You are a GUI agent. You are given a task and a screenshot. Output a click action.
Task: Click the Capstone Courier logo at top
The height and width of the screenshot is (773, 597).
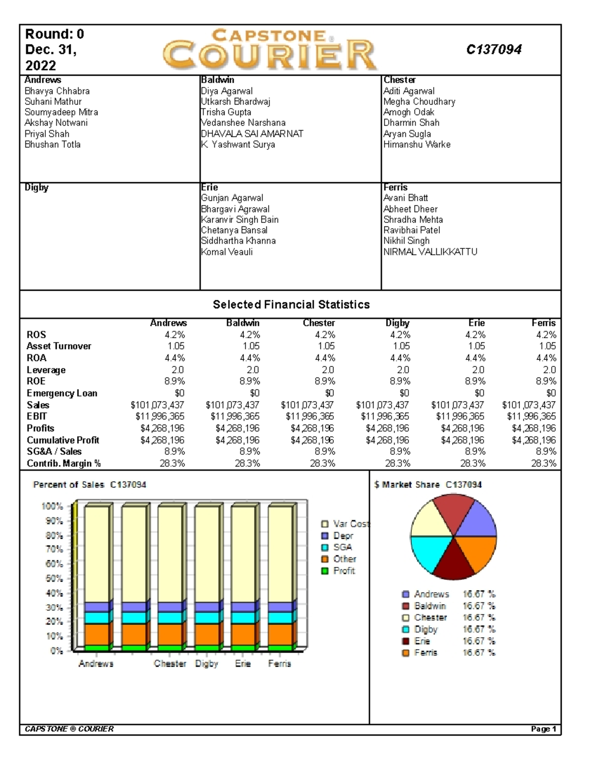coord(270,49)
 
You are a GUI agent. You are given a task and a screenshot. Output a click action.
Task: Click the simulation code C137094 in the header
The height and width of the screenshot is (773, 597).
coord(494,49)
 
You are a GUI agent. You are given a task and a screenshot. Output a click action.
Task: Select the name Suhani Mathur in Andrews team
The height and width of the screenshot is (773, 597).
coord(53,102)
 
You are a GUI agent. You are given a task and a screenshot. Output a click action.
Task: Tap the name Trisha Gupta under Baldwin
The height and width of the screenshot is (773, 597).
coord(226,112)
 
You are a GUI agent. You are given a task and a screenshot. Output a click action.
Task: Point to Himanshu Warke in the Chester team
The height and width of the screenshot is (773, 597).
coord(417,144)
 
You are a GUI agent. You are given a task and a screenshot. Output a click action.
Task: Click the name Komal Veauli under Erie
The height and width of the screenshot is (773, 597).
coord(227,252)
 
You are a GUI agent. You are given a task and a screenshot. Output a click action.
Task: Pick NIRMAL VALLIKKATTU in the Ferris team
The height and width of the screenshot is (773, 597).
coord(430,252)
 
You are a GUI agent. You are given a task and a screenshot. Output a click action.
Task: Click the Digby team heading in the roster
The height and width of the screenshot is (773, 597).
coord(36,188)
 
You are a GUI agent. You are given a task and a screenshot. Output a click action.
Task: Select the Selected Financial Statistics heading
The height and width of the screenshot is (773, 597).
coord(291,305)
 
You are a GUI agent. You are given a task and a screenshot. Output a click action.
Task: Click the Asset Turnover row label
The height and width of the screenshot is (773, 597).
coord(59,346)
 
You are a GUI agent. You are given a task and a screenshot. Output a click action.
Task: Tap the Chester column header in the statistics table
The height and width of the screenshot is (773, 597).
coord(318,323)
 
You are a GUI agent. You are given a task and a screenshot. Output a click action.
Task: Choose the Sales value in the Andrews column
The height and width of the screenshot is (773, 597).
coord(157,405)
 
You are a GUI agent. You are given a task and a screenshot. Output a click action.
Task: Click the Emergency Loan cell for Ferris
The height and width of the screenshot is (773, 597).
coord(551,393)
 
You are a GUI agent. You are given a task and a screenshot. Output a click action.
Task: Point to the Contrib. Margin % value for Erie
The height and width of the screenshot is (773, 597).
coord(473,463)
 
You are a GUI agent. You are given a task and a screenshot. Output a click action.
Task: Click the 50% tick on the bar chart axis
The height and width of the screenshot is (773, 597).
coord(54,578)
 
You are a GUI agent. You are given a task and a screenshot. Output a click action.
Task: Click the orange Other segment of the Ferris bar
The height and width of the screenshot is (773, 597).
coord(280,634)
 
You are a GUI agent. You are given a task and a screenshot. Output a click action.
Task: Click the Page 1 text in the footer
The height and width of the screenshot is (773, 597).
coord(544,729)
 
